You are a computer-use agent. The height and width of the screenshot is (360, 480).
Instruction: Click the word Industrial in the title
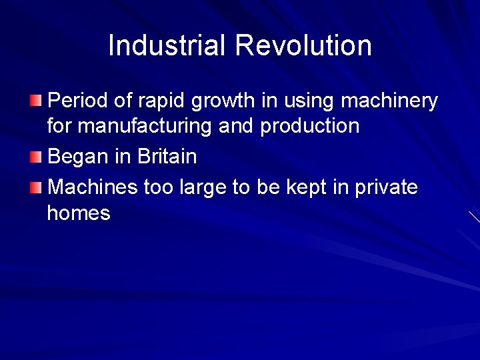tap(167, 45)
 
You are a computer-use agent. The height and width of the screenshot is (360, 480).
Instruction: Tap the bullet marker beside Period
tap(35, 101)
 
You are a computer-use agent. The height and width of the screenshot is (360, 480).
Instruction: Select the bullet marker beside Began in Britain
tap(35, 157)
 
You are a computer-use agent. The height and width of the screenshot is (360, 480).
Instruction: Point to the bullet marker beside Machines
tap(35, 188)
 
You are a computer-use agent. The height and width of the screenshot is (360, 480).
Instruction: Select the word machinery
tap(389, 101)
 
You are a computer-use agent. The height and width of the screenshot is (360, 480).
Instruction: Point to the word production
tap(310, 126)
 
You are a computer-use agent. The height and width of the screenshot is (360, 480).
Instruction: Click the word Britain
tap(167, 157)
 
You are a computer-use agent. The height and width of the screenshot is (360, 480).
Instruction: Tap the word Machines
tap(93, 188)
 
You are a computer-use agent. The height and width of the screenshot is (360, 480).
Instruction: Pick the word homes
tap(79, 213)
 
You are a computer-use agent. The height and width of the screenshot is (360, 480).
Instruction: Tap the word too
tap(159, 188)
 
